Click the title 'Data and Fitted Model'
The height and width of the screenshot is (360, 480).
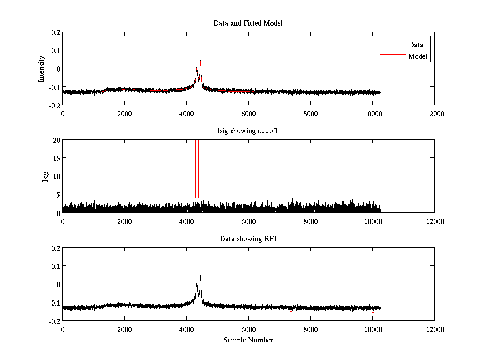click(248, 23)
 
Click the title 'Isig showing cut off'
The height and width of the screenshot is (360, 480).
click(248, 131)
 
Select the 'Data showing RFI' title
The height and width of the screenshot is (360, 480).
click(248, 239)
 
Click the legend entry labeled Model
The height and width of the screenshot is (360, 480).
click(418, 56)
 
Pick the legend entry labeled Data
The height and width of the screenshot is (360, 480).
click(416, 45)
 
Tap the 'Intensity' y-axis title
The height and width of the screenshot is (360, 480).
click(42, 69)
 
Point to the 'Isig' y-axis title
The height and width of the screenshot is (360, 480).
click(46, 176)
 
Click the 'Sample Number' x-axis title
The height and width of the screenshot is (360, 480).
click(248, 340)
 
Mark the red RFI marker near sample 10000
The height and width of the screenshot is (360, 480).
click(373, 312)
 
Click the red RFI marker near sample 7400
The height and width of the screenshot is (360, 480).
click(291, 312)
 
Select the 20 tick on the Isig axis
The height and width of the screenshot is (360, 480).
click(56, 140)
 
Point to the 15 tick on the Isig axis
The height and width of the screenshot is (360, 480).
click(56, 158)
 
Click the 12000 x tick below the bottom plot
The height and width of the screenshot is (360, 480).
click(434, 330)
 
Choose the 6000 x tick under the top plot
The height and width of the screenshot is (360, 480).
click(248, 114)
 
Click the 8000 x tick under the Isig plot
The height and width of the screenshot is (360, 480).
click(310, 222)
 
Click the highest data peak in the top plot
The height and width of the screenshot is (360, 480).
click(200, 60)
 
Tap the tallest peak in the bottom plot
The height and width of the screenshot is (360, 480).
click(200, 276)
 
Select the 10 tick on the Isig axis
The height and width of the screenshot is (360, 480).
click(56, 176)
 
